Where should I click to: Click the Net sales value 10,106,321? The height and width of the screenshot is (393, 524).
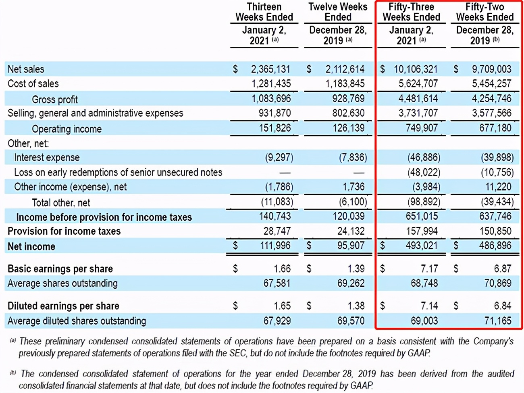[415, 69]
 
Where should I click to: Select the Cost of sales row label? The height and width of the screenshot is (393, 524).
[33, 84]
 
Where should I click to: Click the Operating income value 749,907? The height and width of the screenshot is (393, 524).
[422, 128]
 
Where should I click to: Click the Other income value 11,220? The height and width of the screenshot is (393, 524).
[498, 187]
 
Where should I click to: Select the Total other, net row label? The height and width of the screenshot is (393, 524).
[61, 203]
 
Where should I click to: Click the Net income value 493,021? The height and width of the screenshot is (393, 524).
[421, 246]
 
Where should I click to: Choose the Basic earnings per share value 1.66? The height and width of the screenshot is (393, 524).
[282, 269]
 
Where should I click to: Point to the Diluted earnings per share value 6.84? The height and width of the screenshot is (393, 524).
[502, 306]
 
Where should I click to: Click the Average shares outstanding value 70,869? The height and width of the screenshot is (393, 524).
[498, 283]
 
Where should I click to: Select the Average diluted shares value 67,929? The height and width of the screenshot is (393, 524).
[277, 321]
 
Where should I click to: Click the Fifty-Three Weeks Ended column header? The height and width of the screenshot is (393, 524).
[411, 12]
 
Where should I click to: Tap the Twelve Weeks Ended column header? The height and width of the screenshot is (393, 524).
[338, 12]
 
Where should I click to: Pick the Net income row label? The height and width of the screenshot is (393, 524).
[31, 246]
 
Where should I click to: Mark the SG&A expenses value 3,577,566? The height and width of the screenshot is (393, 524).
[491, 113]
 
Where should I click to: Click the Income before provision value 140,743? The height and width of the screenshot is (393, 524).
[274, 217]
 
